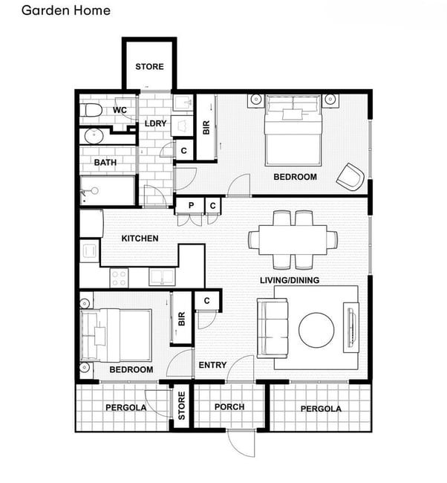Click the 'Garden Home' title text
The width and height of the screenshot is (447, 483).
(x=66, y=10)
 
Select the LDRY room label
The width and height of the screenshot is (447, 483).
(x=155, y=123)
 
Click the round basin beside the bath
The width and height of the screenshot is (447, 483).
(x=94, y=137)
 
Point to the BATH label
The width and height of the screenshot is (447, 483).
(x=105, y=162)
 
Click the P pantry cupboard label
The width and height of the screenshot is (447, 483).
(x=191, y=205)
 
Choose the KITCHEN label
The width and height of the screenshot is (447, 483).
(x=140, y=239)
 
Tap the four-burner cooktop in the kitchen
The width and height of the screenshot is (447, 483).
(x=119, y=278)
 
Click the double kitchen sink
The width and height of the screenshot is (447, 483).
(x=162, y=276)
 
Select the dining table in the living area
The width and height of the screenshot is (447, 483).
(x=293, y=240)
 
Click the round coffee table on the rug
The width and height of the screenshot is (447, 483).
(x=316, y=330)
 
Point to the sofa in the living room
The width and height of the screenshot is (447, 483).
(x=273, y=328)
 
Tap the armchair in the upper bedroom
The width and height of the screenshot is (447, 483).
(x=350, y=177)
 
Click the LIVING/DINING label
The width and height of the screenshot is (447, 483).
(x=290, y=280)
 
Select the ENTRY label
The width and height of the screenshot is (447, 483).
(x=212, y=366)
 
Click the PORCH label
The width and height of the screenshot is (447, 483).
(x=229, y=407)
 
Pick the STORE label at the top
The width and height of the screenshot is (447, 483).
(x=149, y=67)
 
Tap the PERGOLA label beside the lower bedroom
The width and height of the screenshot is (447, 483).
(x=126, y=408)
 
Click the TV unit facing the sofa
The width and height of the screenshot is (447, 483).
(x=351, y=328)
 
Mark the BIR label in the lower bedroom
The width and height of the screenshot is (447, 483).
(x=182, y=319)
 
